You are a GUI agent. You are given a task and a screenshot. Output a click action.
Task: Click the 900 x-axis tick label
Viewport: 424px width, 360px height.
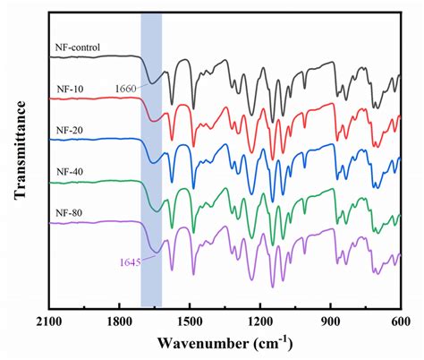tap(330, 321)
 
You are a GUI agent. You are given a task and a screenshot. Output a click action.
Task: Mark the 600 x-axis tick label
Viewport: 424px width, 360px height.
tap(399, 321)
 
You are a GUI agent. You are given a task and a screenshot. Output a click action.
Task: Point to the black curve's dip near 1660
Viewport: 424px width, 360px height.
tap(153, 81)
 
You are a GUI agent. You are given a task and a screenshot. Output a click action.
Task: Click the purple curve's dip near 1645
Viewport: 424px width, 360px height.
tap(155, 251)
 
